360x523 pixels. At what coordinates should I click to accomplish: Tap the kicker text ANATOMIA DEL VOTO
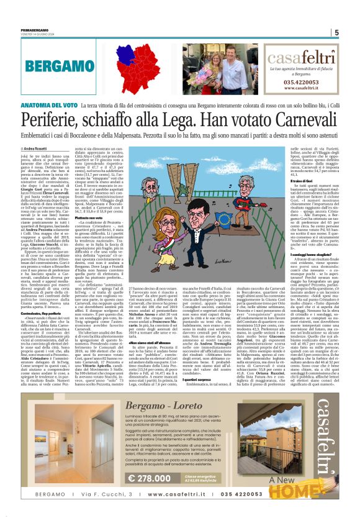click(48, 89)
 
